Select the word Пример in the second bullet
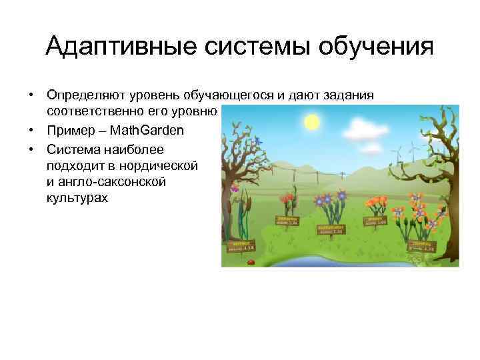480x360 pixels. [x=67, y=131]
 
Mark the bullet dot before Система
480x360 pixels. [x=31, y=148]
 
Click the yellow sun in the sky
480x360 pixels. [x=312, y=122]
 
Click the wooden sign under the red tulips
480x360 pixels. [x=287, y=220]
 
